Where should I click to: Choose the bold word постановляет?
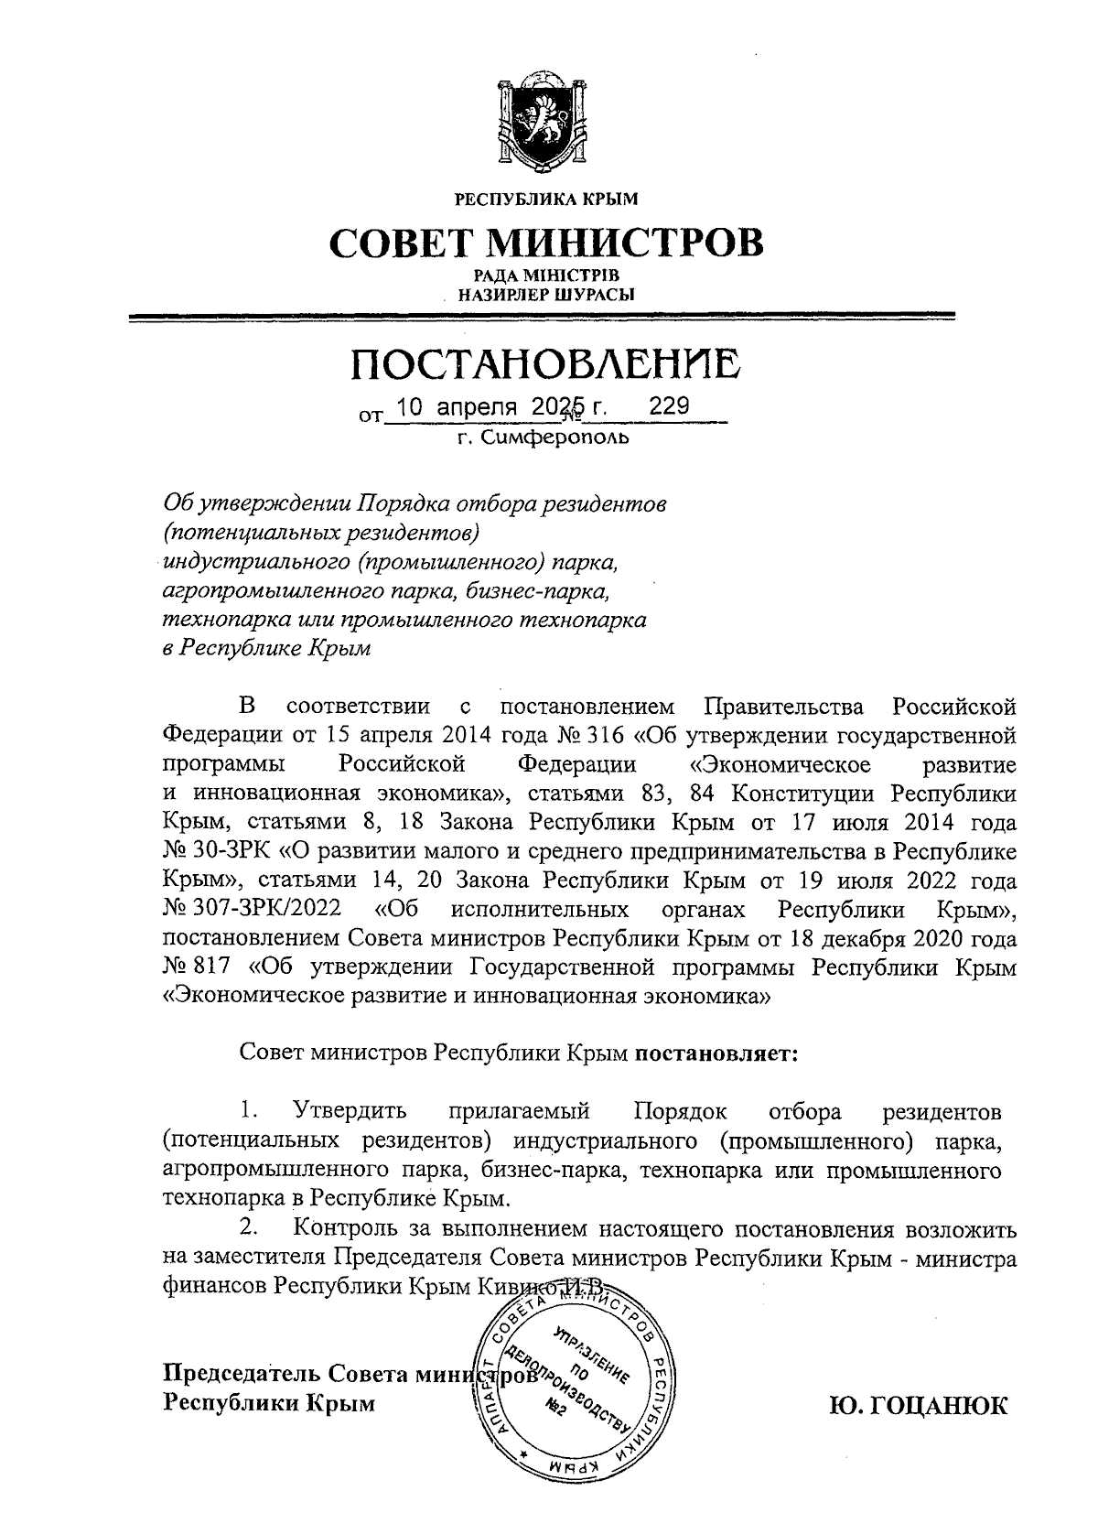[717, 1053]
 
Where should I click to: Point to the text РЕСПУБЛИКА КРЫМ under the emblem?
[546, 198]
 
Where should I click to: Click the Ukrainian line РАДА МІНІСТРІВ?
[546, 275]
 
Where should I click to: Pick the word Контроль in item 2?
[348, 1228]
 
